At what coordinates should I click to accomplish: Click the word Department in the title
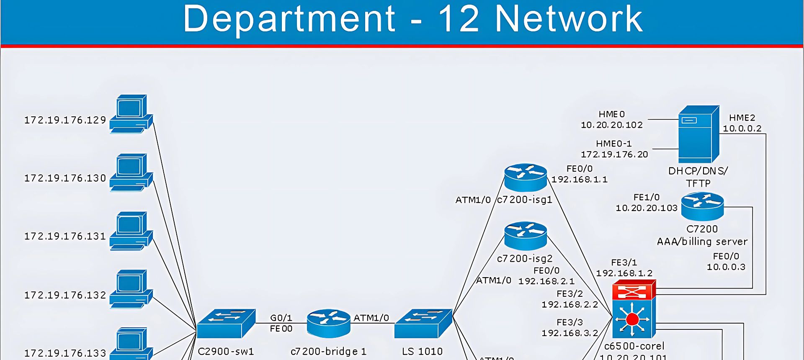[x=289, y=19]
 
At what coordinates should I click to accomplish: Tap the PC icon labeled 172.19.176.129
[x=131, y=114]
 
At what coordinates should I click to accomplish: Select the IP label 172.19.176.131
[x=65, y=237]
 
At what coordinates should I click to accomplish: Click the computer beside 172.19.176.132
[x=131, y=289]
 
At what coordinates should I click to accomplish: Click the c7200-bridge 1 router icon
[x=328, y=323]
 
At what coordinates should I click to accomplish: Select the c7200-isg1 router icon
[x=526, y=177]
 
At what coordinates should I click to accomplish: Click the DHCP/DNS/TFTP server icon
[x=698, y=134]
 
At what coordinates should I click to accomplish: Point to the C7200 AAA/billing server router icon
[x=702, y=206]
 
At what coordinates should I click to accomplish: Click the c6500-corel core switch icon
[x=634, y=310]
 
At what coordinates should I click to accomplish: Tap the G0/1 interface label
[x=281, y=318]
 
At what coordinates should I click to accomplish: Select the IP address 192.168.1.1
[x=579, y=180]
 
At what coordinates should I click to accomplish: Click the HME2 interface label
[x=742, y=118]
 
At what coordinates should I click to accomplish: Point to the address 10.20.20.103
[x=646, y=208]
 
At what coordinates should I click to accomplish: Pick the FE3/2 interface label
[x=569, y=294]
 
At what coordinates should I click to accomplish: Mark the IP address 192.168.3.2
[x=569, y=333]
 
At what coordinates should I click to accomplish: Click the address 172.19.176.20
[x=614, y=154]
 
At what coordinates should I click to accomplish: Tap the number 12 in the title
[x=458, y=19]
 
